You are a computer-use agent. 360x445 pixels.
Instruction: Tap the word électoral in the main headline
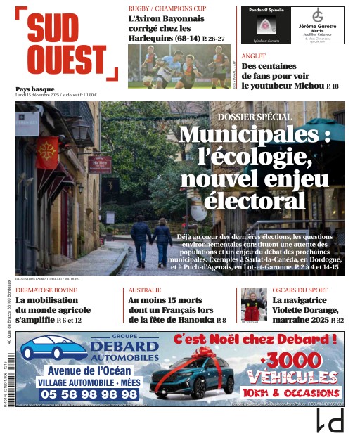[x=254, y=201]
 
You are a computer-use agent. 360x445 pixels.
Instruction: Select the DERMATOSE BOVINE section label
[x=46, y=290]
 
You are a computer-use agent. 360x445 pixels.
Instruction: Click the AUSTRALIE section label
[x=145, y=290]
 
